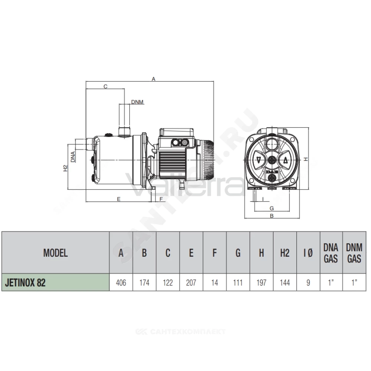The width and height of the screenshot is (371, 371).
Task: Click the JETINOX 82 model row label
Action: tap(25, 282)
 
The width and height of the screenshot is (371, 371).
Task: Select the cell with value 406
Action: tap(121, 282)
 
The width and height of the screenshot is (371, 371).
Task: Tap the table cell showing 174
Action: tap(144, 282)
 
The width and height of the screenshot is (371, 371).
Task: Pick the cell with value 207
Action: tap(191, 282)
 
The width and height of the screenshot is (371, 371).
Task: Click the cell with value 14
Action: tap(214, 282)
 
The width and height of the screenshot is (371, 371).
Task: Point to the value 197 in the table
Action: tap(262, 282)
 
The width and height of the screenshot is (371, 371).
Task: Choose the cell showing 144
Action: tap(285, 282)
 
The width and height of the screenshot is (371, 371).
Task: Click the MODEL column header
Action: tap(55, 253)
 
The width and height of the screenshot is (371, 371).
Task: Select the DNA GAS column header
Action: tap(331, 253)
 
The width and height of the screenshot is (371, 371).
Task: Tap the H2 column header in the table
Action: tap(285, 253)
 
